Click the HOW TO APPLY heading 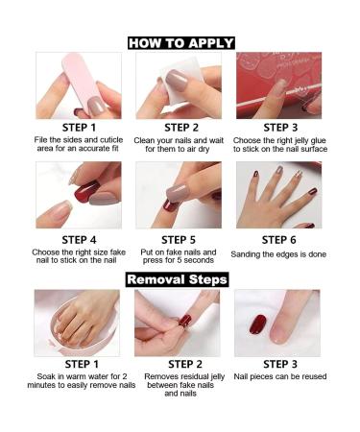click(180, 42)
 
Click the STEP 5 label click(180, 239)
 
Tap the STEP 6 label click(278, 239)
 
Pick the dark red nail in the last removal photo click(258, 324)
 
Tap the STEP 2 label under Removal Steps click(180, 364)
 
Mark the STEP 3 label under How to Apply click(278, 127)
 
